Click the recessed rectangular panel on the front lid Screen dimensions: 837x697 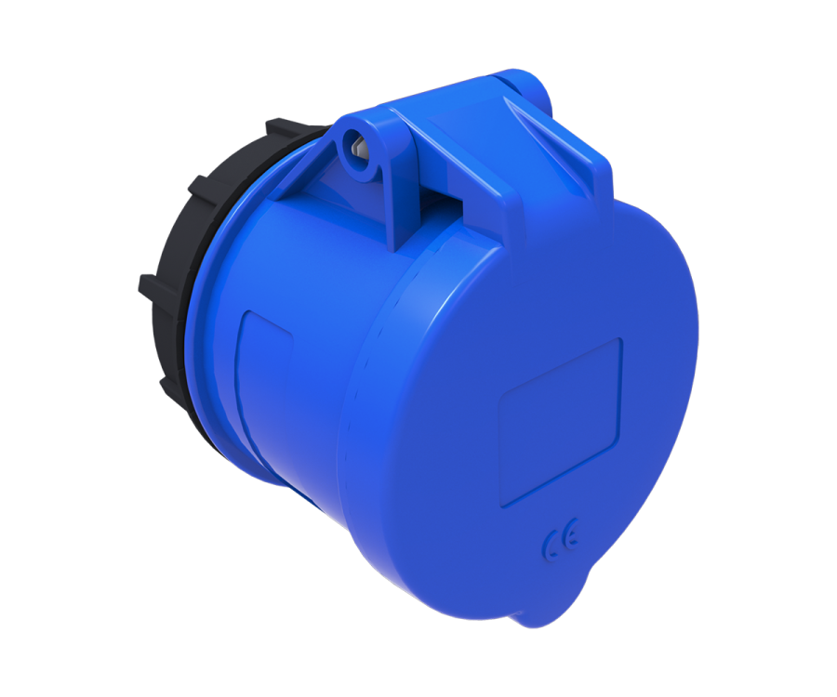[561, 422]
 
